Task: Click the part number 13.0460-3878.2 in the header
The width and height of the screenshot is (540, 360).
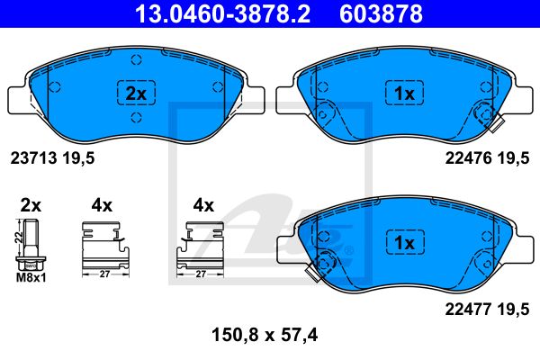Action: coord(222,13)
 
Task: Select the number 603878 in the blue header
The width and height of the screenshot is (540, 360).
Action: coord(381,13)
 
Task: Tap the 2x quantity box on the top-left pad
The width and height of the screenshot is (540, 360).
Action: coord(137,93)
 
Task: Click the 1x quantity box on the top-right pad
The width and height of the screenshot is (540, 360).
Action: coord(404,93)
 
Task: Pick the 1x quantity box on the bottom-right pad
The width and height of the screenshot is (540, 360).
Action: coord(405,242)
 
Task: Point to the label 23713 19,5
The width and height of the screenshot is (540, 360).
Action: coord(53,158)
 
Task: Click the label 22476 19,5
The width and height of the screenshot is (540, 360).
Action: coord(487,158)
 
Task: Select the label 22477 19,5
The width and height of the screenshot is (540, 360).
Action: coord(487,310)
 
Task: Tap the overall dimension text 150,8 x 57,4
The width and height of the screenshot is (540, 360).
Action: coord(265,335)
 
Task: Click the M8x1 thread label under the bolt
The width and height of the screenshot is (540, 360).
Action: coord(31,278)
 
